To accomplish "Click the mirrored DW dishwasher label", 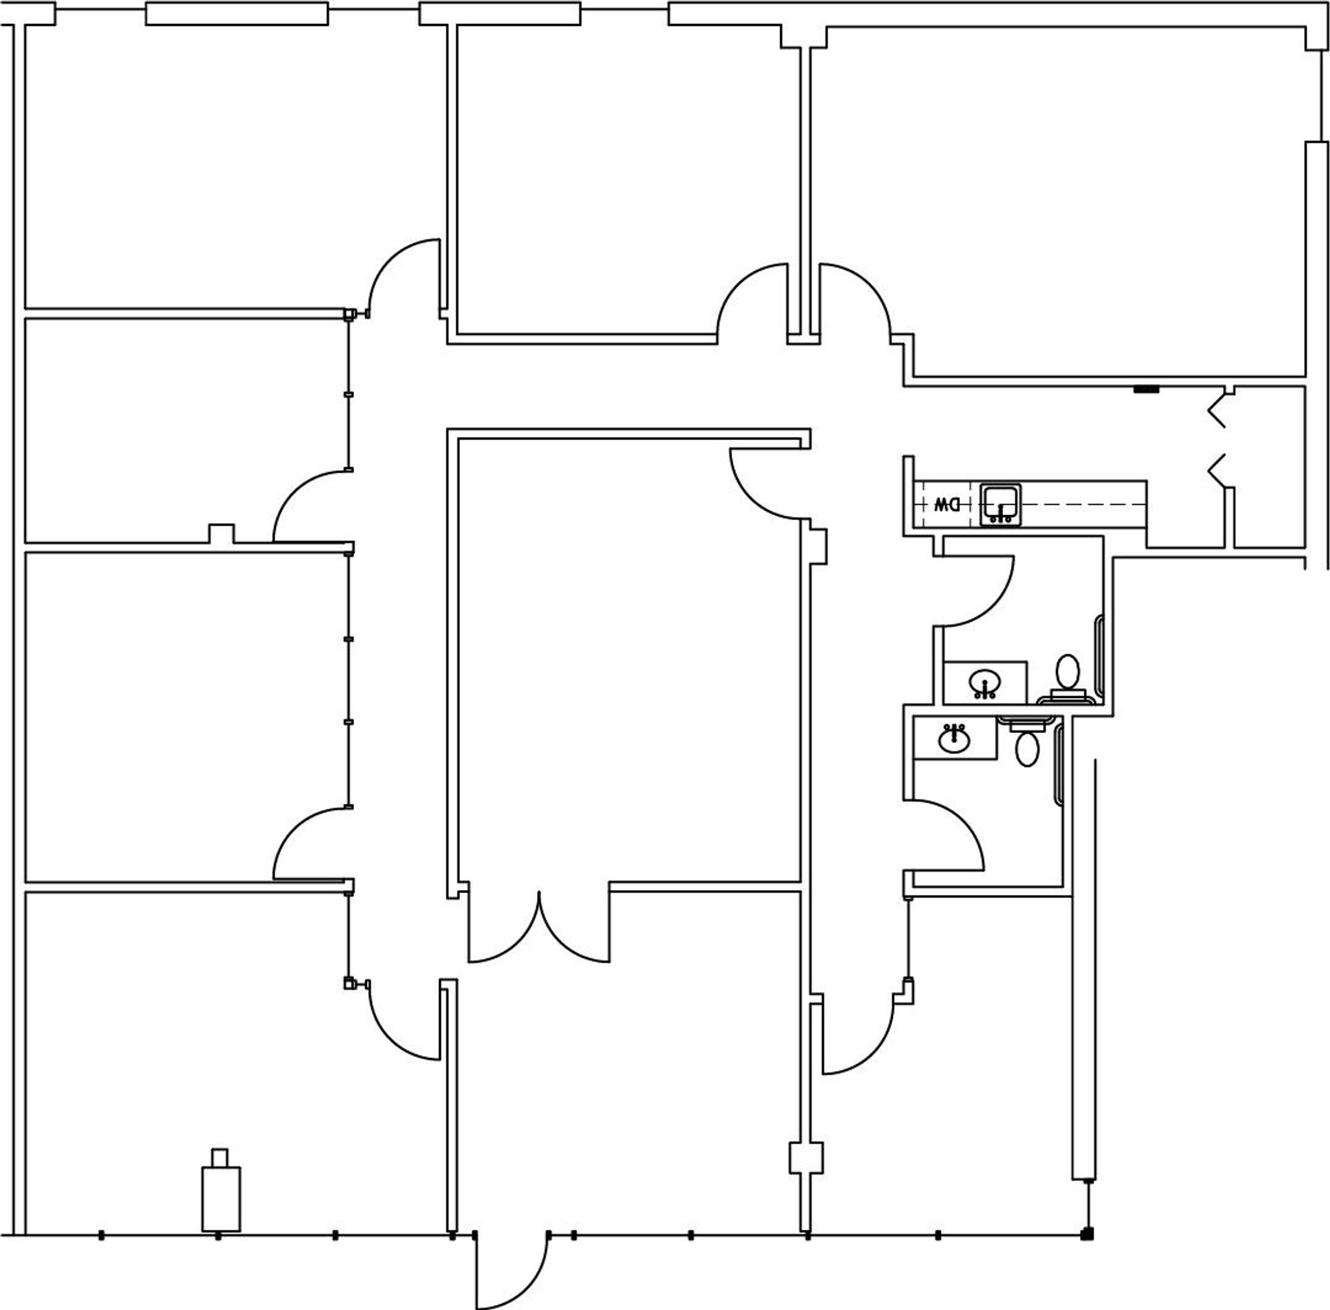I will (947, 504).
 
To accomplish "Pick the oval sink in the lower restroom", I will (954, 739).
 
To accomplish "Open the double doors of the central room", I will (539, 929).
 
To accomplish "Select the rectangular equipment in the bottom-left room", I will (221, 1196).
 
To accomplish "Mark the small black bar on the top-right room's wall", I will (1146, 390).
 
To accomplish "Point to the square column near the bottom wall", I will (806, 1158).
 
